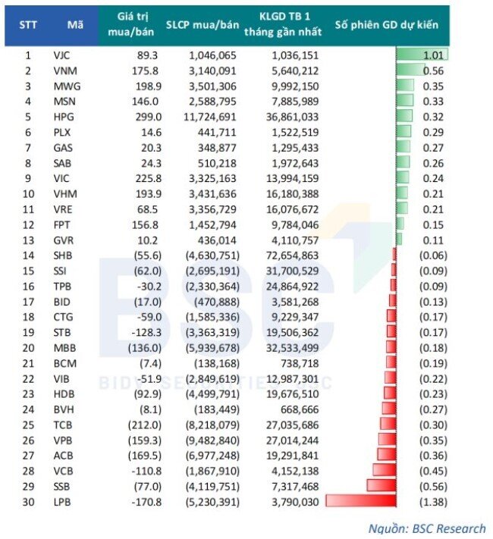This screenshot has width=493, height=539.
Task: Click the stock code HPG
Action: point(64,117)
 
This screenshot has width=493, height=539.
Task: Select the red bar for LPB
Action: point(361,500)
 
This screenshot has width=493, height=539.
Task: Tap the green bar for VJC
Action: point(422,55)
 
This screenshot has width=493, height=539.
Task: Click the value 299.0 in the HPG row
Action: point(148,117)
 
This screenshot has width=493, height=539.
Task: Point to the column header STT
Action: point(28,25)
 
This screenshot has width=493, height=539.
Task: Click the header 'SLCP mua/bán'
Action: point(203,25)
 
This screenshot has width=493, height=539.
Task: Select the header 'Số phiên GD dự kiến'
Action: point(387,25)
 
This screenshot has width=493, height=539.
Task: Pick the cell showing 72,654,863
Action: point(293,255)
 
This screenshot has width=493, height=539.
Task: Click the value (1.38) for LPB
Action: point(433,502)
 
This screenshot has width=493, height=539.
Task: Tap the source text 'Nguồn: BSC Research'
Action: point(427,528)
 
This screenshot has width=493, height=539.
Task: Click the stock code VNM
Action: point(65,71)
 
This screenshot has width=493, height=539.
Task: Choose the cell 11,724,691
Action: point(210,117)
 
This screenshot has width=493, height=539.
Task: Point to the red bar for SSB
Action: point(382,485)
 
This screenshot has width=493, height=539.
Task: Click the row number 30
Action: point(28,502)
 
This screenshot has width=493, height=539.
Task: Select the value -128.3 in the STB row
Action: point(146,332)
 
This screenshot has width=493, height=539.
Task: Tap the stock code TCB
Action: point(63,425)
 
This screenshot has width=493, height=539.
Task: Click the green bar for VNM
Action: point(410,70)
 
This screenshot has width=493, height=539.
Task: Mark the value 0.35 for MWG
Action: point(433,86)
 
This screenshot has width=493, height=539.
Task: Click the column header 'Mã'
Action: point(75,25)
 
